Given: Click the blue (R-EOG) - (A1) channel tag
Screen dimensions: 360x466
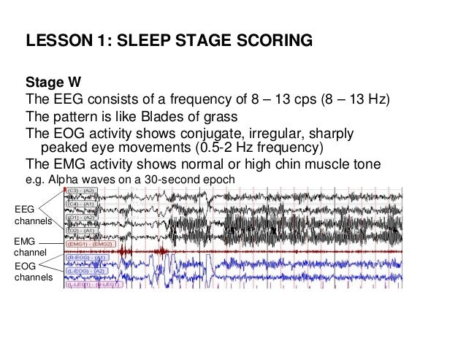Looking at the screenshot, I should (88, 258).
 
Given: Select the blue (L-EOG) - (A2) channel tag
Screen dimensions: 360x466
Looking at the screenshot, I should (88, 270).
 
